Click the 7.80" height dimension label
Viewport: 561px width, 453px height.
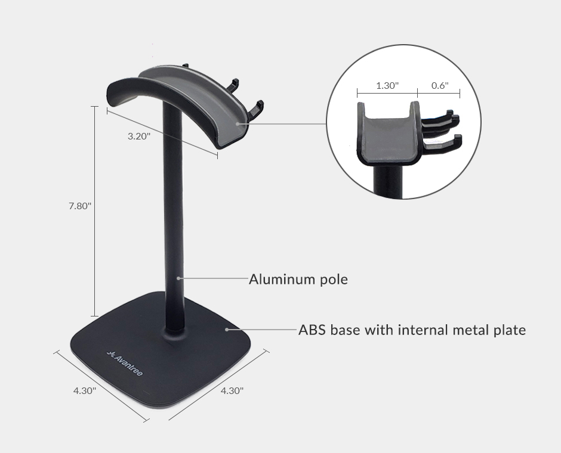pos(80,206)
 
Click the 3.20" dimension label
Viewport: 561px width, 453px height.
pos(139,136)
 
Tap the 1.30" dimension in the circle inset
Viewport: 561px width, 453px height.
pos(387,85)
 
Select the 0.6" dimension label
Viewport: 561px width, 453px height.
pos(440,85)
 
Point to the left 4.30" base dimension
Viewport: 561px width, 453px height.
pos(85,390)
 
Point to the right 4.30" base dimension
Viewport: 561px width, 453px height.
pos(232,390)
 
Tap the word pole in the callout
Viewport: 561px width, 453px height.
pos(334,280)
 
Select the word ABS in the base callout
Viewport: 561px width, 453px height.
pos(312,330)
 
